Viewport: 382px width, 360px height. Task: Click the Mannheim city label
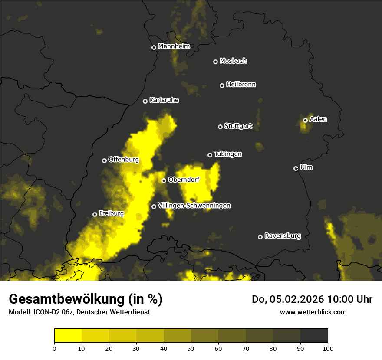pyautogui.click(x=174, y=46)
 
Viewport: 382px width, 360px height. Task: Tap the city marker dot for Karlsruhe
pyautogui.click(x=145, y=101)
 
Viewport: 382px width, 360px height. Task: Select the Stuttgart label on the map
pyautogui.click(x=238, y=126)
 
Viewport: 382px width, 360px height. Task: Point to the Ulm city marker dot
pyautogui.click(x=296, y=168)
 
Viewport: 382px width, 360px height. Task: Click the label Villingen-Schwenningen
pyautogui.click(x=194, y=206)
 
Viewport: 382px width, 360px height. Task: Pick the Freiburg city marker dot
pyautogui.click(x=95, y=214)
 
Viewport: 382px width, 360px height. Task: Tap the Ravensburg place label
pyautogui.click(x=282, y=236)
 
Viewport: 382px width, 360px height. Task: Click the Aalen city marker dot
pyautogui.click(x=305, y=120)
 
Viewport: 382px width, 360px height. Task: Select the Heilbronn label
pyautogui.click(x=241, y=85)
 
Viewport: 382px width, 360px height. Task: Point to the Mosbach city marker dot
pyautogui.click(x=215, y=62)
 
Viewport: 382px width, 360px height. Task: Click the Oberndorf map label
pyautogui.click(x=184, y=180)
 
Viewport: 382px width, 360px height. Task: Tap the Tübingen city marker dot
pyautogui.click(x=210, y=155)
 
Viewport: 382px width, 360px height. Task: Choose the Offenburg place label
pyautogui.click(x=124, y=160)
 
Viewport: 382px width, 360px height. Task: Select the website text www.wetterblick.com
pyautogui.click(x=313, y=312)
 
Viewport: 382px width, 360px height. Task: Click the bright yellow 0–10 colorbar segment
pyautogui.click(x=68, y=335)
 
